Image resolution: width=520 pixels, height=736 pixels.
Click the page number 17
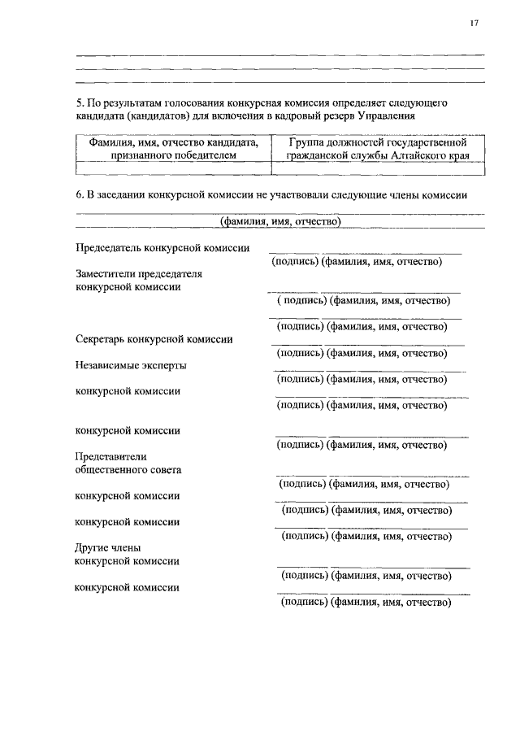474,23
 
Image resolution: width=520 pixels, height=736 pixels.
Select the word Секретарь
100,339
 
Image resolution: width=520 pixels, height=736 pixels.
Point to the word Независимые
108,365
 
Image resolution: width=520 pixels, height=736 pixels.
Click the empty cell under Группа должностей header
378,168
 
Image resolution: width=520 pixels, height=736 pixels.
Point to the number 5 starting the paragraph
79,104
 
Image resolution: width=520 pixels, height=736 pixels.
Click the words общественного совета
128,470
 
